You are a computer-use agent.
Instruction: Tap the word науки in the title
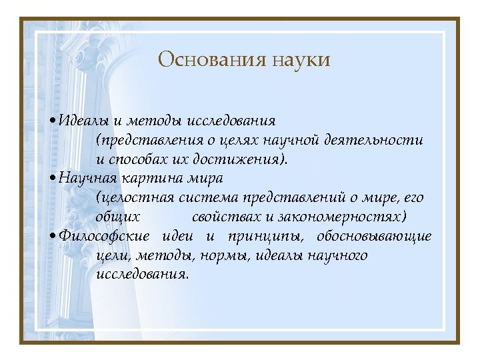click(x=301, y=60)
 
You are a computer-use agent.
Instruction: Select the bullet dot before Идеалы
click(x=53, y=121)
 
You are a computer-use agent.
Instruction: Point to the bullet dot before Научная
click(x=53, y=179)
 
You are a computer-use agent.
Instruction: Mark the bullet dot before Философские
click(x=53, y=236)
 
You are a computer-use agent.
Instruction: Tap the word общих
click(x=118, y=217)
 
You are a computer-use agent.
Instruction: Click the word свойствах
click(x=224, y=217)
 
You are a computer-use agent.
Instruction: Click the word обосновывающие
click(x=374, y=236)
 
